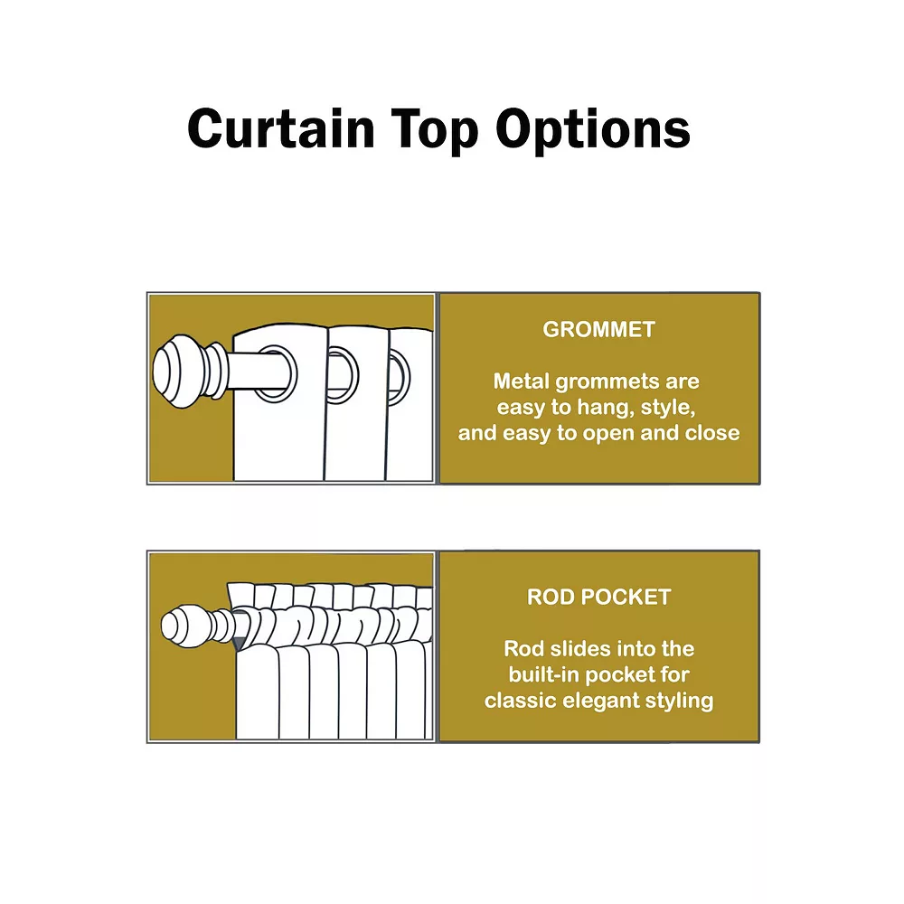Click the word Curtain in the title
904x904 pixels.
[x=280, y=128]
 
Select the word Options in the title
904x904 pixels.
[x=593, y=128]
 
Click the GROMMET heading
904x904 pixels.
[x=598, y=329]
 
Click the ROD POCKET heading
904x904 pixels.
[x=598, y=597]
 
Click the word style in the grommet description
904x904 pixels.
[x=667, y=407]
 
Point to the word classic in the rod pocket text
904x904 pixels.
[x=516, y=701]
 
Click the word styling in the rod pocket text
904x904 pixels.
[x=680, y=701]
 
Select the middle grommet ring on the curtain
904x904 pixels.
[x=341, y=374]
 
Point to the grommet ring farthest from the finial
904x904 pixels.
[x=399, y=374]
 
